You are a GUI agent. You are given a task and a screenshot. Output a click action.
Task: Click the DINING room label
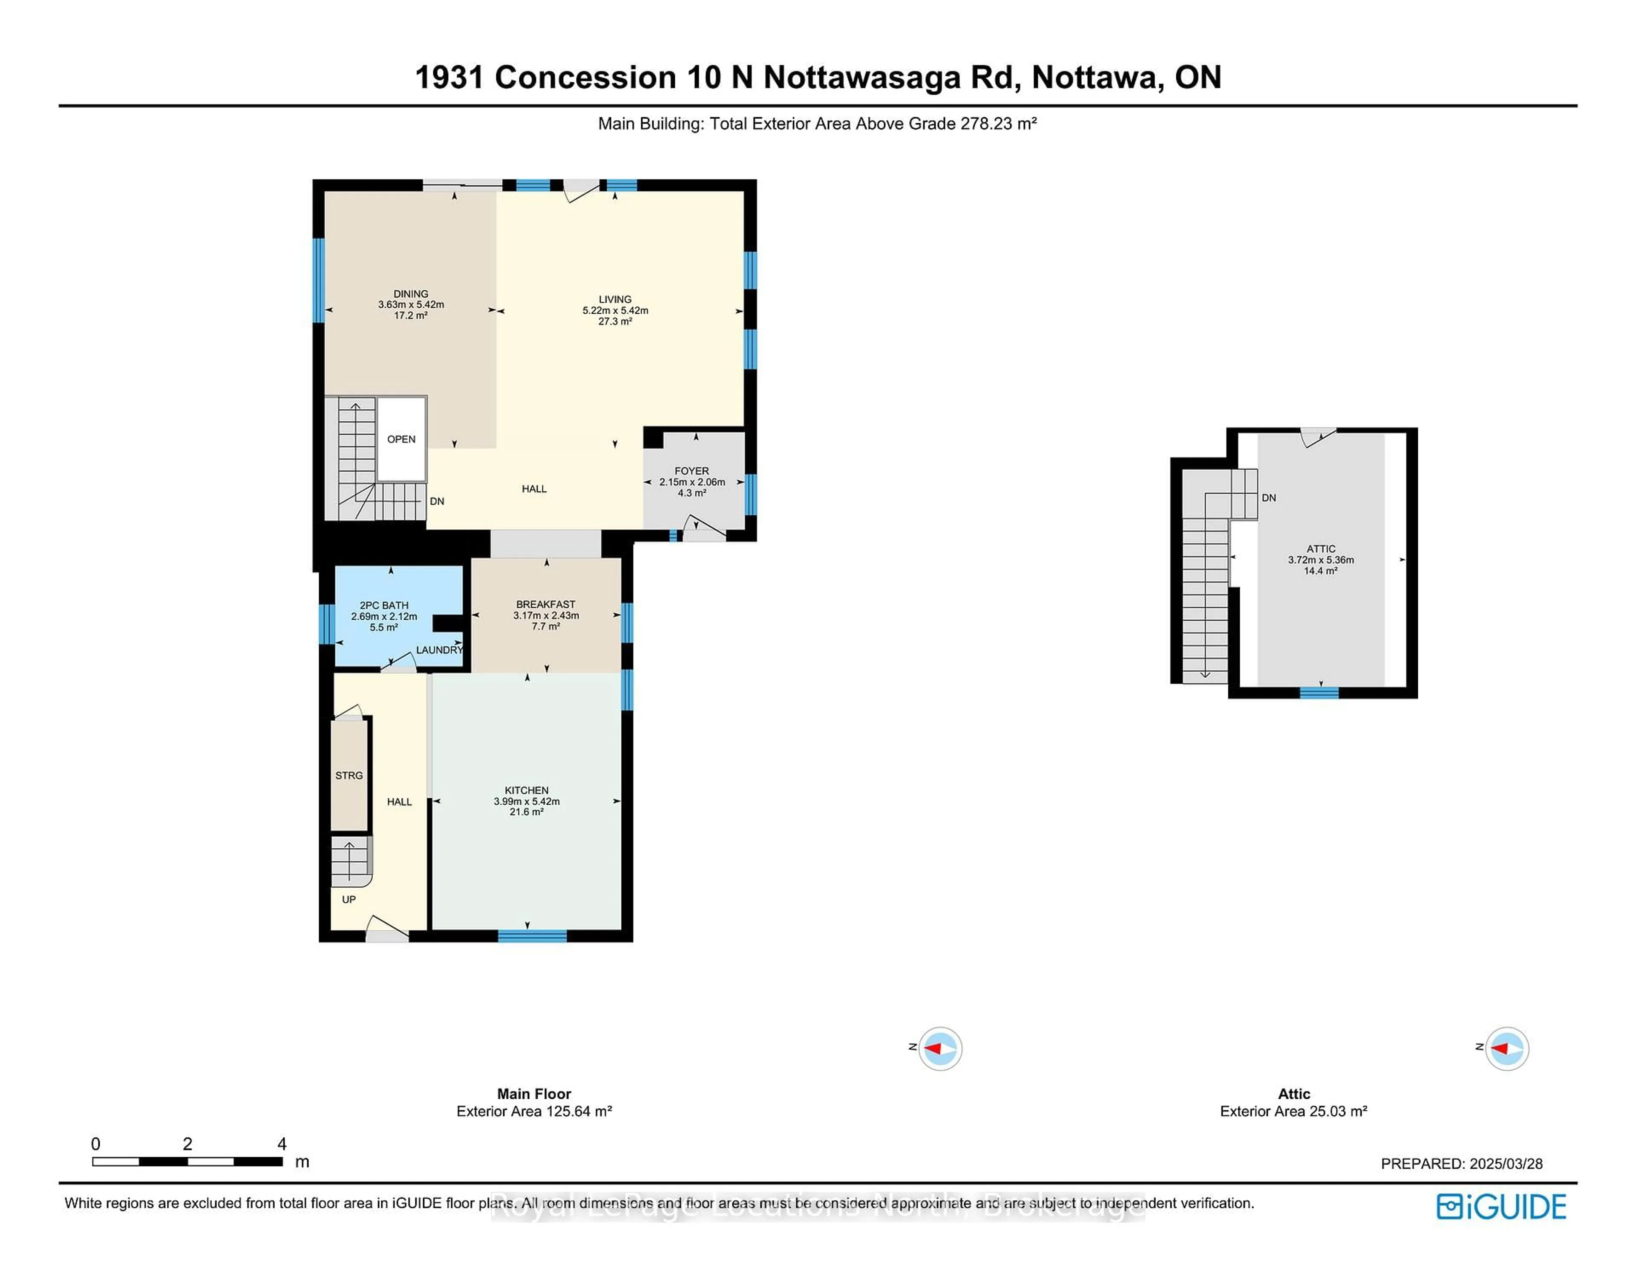point(411,294)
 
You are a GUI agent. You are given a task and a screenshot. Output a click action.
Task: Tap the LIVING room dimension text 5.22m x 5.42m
point(615,310)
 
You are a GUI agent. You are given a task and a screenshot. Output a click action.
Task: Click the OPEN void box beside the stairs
point(401,439)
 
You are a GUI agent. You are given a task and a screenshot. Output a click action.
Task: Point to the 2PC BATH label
point(383,605)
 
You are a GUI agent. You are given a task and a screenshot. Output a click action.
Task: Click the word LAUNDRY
point(440,650)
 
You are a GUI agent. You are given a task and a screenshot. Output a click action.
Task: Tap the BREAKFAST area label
point(545,604)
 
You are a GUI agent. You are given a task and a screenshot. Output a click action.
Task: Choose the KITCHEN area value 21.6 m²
point(527,812)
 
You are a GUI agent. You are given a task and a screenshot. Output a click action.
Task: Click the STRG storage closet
point(349,776)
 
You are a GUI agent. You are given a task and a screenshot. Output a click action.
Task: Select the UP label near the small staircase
point(349,899)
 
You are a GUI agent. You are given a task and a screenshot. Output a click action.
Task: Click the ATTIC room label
point(1321,549)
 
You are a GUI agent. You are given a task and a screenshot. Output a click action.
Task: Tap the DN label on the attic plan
point(1269,498)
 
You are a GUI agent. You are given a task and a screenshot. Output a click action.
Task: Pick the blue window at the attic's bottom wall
point(1319,693)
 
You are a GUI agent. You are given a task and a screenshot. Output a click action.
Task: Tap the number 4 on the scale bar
point(282,1144)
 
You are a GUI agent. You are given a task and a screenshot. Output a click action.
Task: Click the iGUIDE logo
point(1501,1207)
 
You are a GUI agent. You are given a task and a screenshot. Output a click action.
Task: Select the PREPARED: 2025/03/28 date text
point(1461,1164)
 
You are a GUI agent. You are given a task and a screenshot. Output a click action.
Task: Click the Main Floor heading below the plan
point(534,1094)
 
